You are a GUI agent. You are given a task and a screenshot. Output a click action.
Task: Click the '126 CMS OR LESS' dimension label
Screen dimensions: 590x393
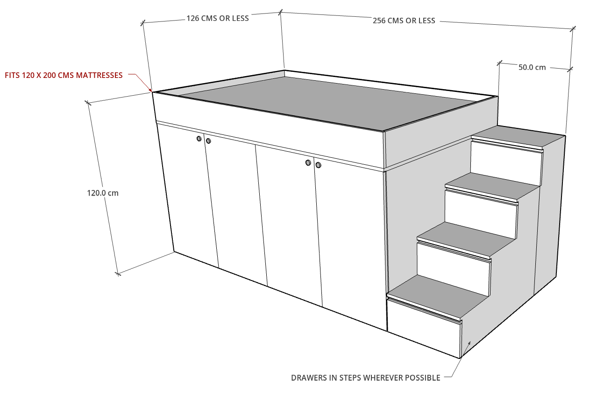[218, 18]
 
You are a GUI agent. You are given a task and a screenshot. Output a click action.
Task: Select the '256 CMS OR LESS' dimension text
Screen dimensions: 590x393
[404, 21]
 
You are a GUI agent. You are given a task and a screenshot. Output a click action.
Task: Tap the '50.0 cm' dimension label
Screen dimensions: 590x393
[532, 67]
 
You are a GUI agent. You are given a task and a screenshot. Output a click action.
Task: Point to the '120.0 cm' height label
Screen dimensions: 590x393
[103, 193]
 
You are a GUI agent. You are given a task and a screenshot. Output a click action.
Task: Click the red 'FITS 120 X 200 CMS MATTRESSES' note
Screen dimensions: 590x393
[64, 75]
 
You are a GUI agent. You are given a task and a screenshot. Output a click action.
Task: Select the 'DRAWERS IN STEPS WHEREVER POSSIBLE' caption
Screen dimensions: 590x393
[366, 378]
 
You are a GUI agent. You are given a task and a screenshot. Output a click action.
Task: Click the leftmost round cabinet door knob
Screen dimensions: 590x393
[199, 139]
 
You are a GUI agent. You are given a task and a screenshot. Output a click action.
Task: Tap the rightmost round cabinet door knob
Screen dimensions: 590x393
[319, 165]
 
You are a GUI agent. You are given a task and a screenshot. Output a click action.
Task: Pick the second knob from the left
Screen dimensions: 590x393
[208, 141]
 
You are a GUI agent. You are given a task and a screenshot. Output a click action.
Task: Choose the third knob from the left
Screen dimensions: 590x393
[308, 163]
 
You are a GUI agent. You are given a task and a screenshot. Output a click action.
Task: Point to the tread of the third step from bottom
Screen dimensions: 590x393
[492, 186]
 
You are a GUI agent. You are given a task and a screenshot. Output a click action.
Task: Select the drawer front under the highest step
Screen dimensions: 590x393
[506, 163]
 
